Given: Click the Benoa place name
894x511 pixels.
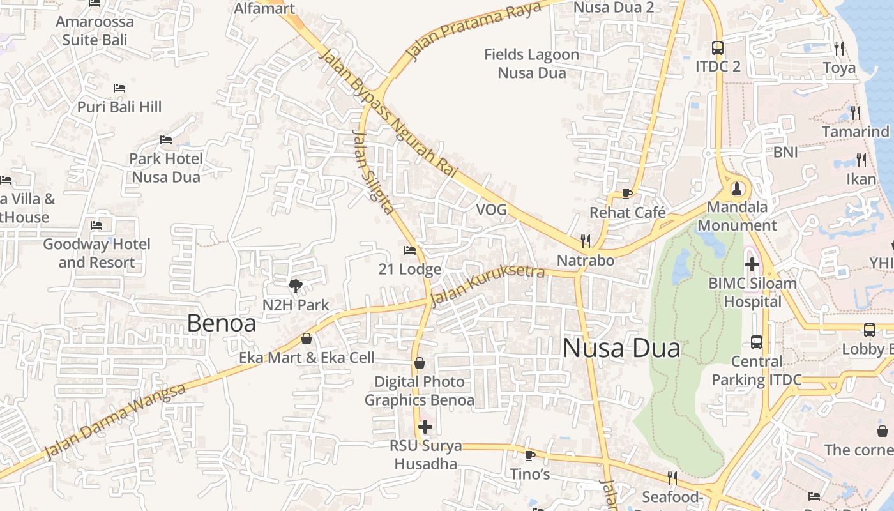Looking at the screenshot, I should [x=221, y=323].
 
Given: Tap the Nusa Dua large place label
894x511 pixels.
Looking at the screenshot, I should [x=621, y=348].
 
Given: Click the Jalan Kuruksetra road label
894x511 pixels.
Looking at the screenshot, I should [x=488, y=285].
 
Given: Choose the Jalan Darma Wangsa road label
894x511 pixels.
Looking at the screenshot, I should [x=116, y=422].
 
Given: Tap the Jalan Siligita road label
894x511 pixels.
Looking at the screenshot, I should [x=373, y=172].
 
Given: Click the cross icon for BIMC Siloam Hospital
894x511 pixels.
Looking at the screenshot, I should [x=752, y=264].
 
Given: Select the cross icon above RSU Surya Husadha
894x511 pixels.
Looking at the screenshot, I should [x=425, y=427].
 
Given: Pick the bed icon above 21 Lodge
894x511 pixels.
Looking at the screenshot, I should [x=410, y=250].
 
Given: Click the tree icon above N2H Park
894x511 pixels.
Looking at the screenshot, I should [x=295, y=286].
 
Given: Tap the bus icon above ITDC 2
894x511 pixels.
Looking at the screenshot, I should [x=718, y=47].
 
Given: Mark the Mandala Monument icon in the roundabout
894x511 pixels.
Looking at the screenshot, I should [x=737, y=188].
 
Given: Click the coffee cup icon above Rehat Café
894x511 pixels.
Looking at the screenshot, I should [x=626, y=194].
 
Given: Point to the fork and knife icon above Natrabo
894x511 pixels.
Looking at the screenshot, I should [x=585, y=241].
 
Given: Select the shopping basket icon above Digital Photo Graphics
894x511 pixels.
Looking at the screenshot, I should [x=420, y=363].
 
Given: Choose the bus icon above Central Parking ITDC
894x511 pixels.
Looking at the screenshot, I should [x=757, y=342].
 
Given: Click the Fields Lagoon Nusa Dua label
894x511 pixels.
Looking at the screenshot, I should [x=531, y=64].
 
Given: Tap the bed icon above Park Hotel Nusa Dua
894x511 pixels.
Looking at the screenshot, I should [x=166, y=139].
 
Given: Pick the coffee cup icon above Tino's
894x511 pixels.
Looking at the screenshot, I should [x=529, y=455].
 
